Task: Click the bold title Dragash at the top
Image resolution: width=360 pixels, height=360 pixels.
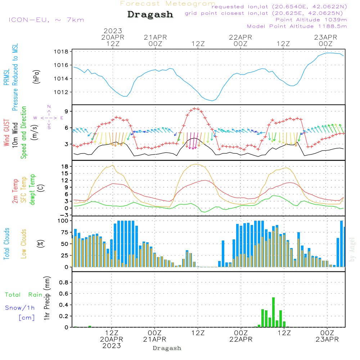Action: click(x=150, y=15)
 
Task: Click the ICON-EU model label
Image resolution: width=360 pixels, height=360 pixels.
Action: click(x=46, y=20)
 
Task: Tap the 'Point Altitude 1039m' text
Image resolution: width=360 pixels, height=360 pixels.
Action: click(x=311, y=20)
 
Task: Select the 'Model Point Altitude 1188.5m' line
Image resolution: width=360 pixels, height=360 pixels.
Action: click(x=297, y=26)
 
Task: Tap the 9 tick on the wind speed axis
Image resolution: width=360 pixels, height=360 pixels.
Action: click(x=66, y=111)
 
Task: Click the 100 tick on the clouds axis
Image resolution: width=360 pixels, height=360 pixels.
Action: click(x=63, y=221)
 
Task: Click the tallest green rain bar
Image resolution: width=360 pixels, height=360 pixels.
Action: click(x=274, y=312)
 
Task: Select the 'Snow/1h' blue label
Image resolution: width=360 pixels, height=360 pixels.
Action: click(x=20, y=308)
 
